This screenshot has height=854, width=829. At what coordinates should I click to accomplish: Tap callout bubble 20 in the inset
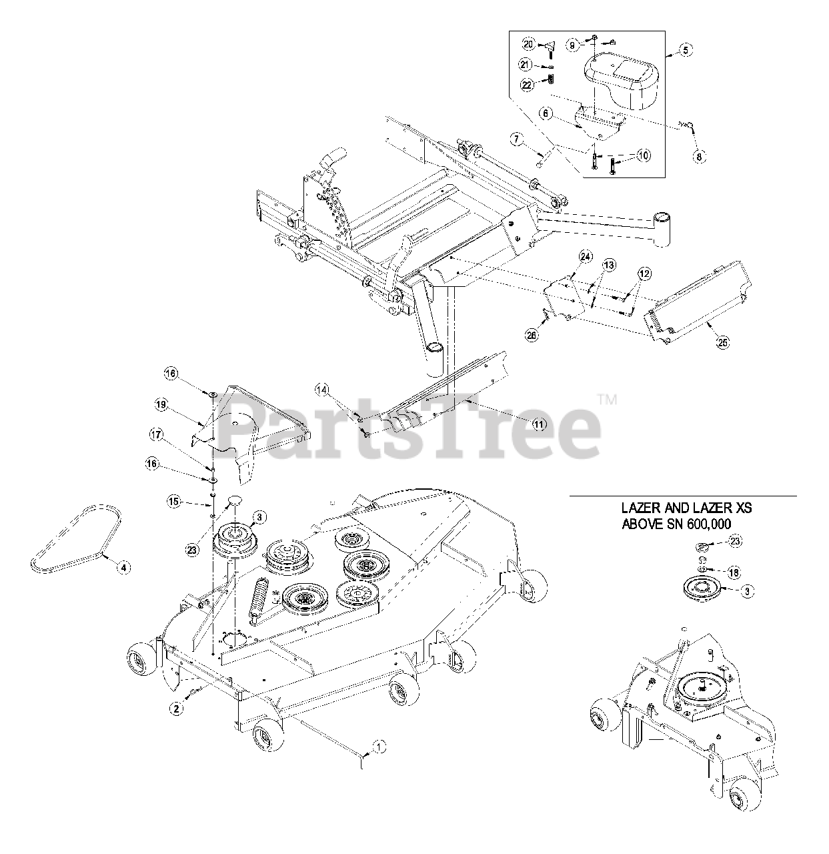(x=528, y=45)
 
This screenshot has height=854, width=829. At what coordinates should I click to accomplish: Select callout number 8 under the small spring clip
(x=698, y=156)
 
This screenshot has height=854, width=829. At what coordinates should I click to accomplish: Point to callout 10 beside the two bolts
(x=643, y=155)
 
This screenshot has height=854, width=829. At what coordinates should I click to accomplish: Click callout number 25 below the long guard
(x=722, y=342)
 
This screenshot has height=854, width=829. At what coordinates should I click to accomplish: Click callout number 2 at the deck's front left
(x=176, y=709)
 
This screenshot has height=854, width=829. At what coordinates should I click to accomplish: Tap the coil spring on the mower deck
(x=258, y=595)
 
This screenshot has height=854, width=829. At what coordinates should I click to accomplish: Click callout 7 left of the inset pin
(x=518, y=139)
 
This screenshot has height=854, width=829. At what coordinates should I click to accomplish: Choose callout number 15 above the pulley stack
(x=174, y=500)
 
